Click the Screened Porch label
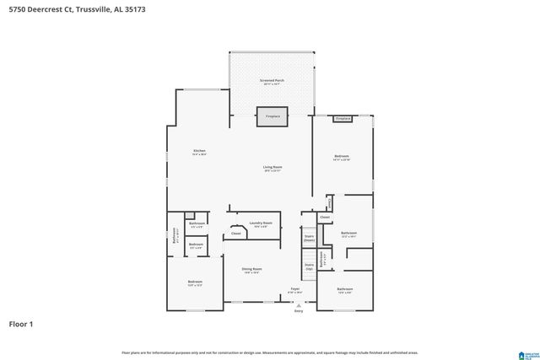tap(272, 81)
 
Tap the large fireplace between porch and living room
tap(273, 117)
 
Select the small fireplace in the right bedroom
tap(343, 119)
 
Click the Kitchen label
tap(198, 151)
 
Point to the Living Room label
tap(272, 167)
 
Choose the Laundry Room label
tap(262, 223)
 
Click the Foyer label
tap(295, 288)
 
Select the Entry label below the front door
tap(298, 311)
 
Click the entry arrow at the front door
tap(298, 304)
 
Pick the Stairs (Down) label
tap(309, 238)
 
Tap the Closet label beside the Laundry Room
tap(236, 234)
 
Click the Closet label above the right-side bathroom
tap(325, 217)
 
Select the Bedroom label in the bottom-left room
tap(195, 282)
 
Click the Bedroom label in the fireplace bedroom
tap(342, 157)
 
